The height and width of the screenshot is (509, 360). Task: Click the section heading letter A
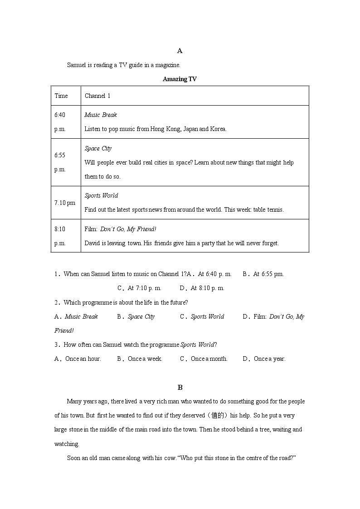pyautogui.click(x=180, y=51)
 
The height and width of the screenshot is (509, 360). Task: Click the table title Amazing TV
pyautogui.click(x=180, y=79)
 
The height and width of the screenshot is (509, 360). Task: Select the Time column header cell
pyautogui.click(x=61, y=96)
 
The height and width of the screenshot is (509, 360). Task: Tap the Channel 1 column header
pyautogui.click(x=97, y=96)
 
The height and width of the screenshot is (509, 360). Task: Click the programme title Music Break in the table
pyautogui.click(x=101, y=115)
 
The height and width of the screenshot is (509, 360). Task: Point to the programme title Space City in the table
pyautogui.click(x=98, y=149)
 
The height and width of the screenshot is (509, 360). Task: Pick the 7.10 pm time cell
pyautogui.click(x=65, y=203)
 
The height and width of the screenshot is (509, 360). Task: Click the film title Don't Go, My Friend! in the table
pyautogui.click(x=128, y=229)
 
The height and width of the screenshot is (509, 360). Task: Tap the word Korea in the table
pyautogui.click(x=217, y=129)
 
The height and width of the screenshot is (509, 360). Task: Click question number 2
pyautogui.click(x=57, y=302)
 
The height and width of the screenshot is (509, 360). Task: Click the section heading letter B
pyautogui.click(x=180, y=387)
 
